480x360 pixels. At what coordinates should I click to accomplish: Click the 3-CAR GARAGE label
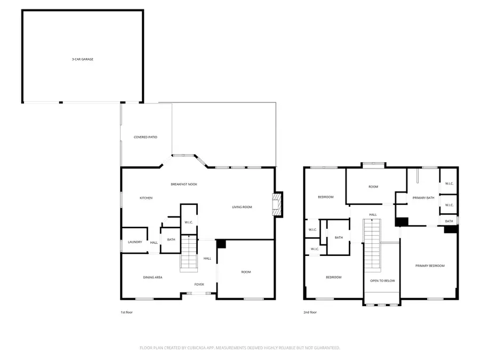click(x=83, y=59)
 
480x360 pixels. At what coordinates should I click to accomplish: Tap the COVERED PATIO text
click(x=145, y=137)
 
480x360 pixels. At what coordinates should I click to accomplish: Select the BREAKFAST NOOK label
click(x=184, y=184)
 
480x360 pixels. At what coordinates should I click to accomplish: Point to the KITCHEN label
click(x=146, y=198)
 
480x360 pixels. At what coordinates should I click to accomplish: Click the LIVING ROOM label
click(x=242, y=207)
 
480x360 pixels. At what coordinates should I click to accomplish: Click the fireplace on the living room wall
click(x=277, y=204)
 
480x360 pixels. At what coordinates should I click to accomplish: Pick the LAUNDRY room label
click(x=134, y=242)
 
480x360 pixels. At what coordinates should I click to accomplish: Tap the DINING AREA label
click(x=153, y=277)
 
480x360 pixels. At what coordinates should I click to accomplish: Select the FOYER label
click(x=199, y=284)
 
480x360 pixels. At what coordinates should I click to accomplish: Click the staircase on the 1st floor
click(x=188, y=254)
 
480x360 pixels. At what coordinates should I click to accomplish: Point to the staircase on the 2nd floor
click(x=372, y=246)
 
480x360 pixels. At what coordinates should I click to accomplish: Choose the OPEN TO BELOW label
click(x=382, y=281)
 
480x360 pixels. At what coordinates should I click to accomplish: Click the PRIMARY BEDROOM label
click(x=430, y=266)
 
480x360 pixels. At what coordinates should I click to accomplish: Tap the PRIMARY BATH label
click(x=423, y=198)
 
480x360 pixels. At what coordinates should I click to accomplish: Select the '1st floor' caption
click(x=126, y=312)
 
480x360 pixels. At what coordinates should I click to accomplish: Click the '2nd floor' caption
click(x=310, y=312)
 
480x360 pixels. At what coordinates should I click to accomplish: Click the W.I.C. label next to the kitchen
click(x=188, y=222)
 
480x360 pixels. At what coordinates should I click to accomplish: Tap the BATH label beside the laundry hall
click(x=171, y=239)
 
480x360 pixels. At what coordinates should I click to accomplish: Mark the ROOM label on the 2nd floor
click(x=373, y=187)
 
